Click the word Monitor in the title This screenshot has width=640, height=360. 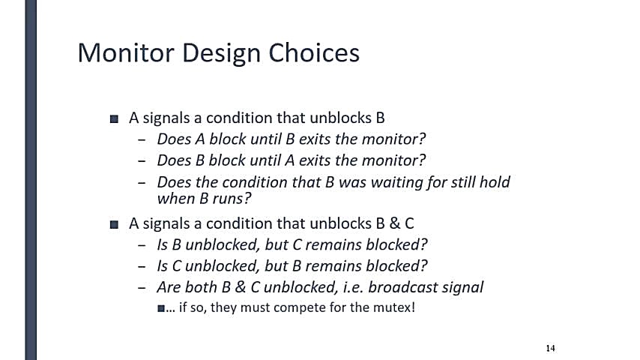[x=126, y=52]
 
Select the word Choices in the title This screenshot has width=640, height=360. [x=314, y=52]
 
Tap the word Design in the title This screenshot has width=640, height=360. [x=221, y=54]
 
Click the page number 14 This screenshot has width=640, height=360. [x=550, y=348]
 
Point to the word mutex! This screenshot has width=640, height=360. [x=394, y=307]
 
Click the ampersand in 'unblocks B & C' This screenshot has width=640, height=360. [x=394, y=223]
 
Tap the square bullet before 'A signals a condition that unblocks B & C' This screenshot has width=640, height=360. [x=114, y=224]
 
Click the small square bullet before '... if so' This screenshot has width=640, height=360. [x=161, y=308]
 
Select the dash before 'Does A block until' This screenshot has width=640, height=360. [x=142, y=139]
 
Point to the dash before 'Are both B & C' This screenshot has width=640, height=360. [x=142, y=288]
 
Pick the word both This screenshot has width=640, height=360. [x=202, y=286]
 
